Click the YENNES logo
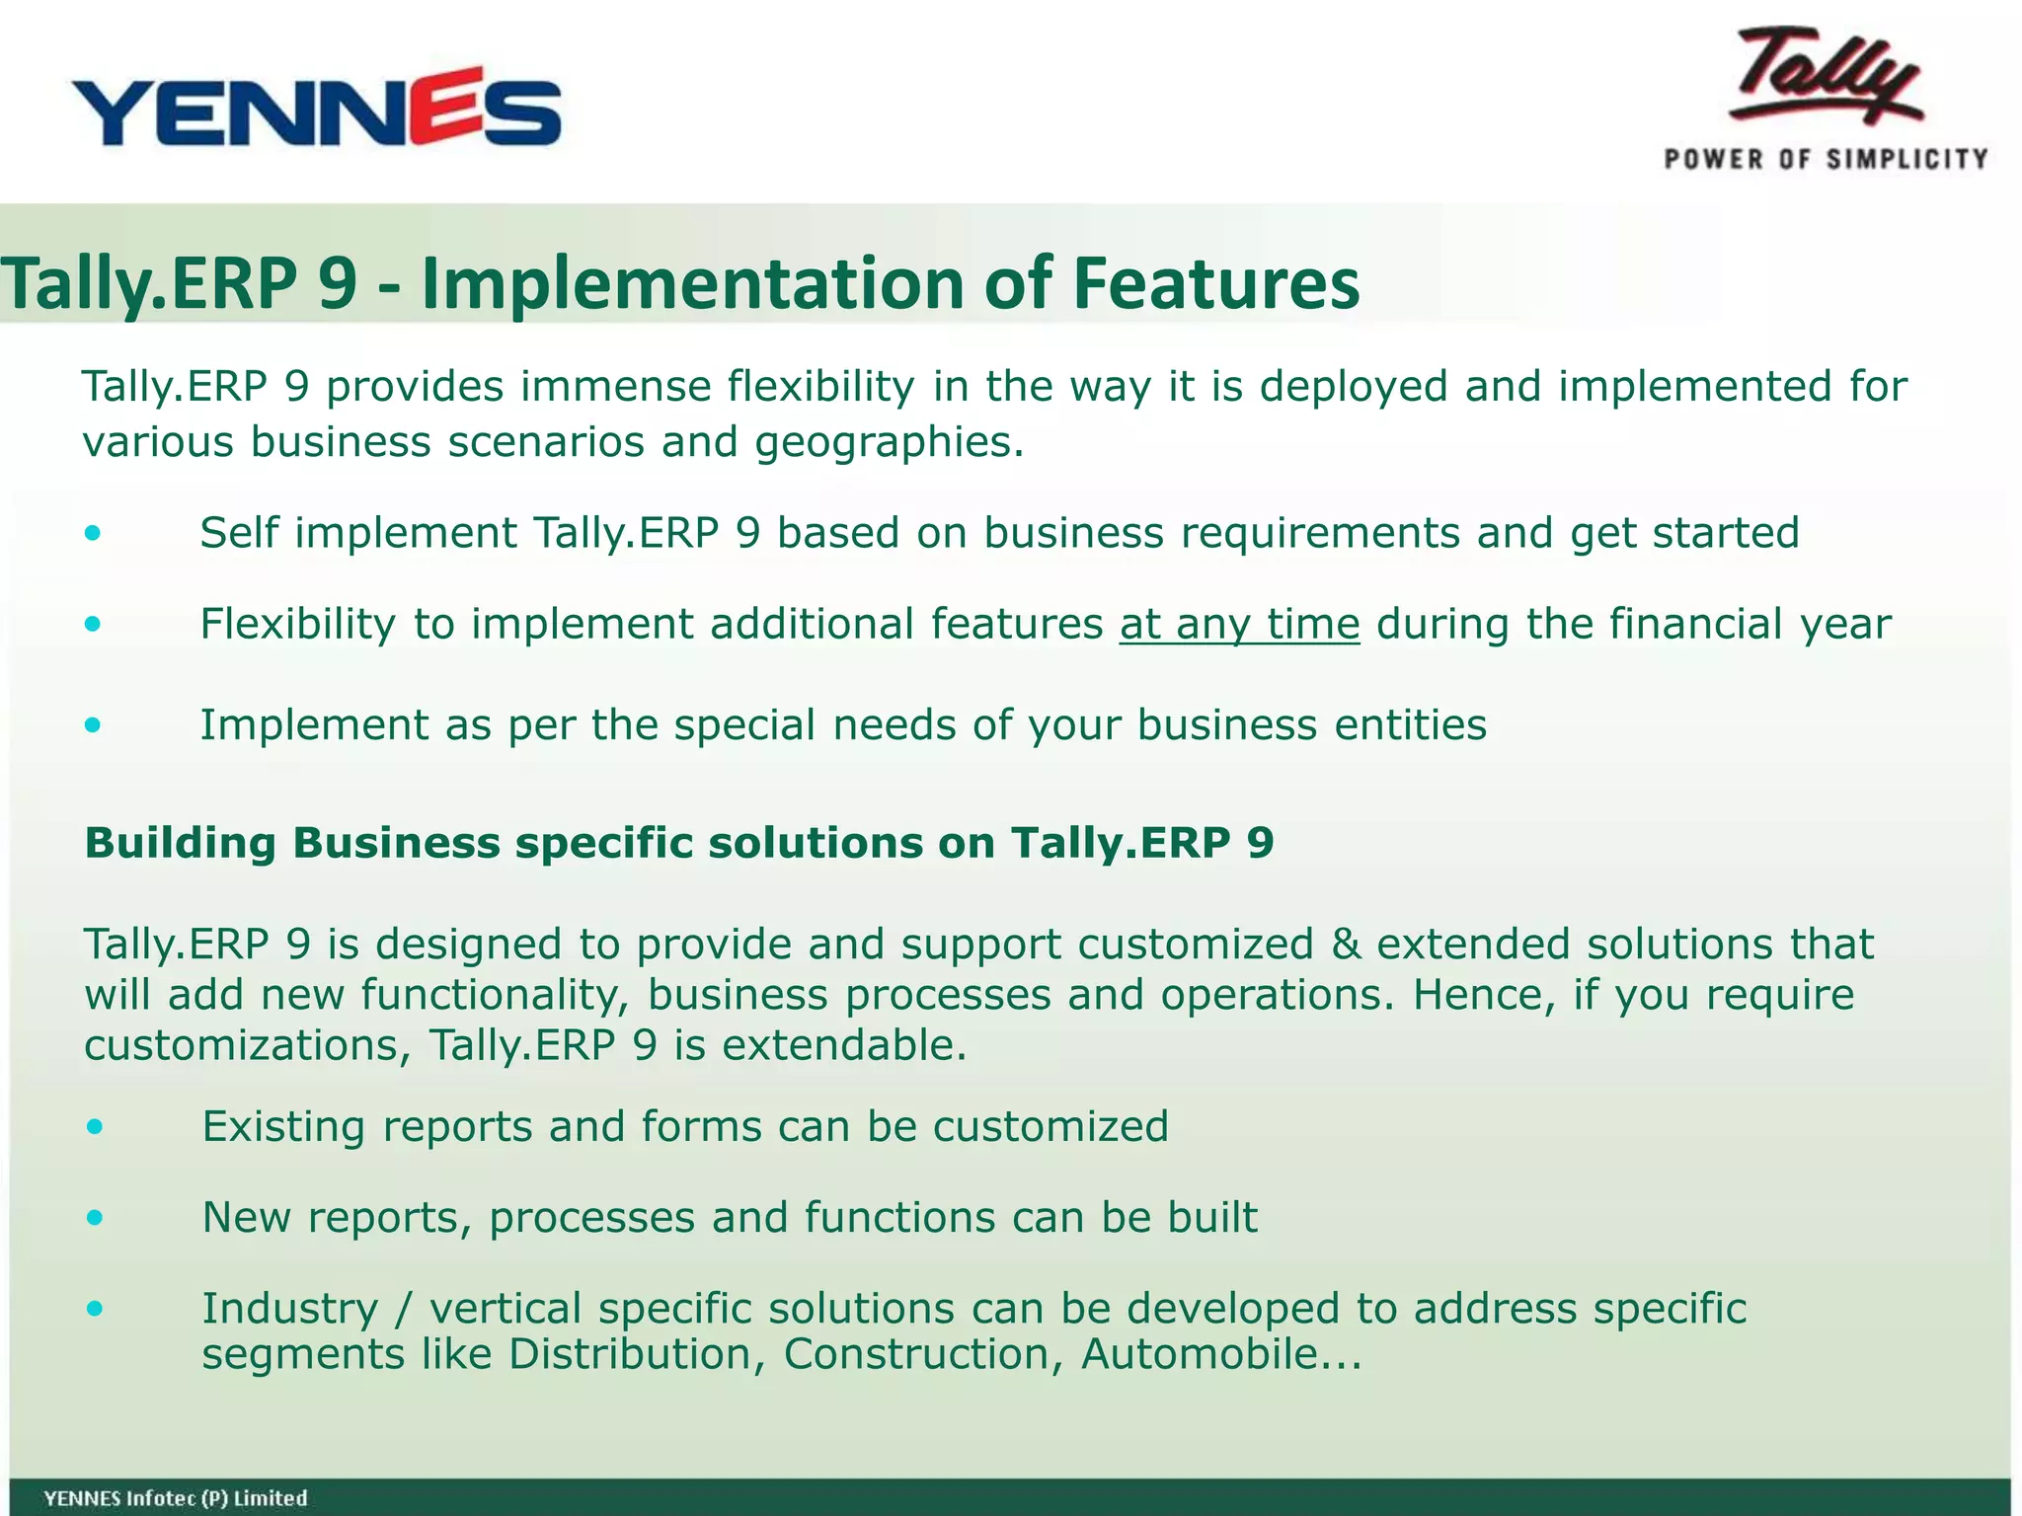[316, 109]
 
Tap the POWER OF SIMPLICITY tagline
[1826, 159]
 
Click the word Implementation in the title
[691, 284]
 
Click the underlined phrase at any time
[1239, 624]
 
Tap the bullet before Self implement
[93, 534]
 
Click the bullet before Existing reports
[94, 1127]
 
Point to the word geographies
[889, 442]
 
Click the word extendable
[844, 1045]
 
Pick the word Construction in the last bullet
[923, 1354]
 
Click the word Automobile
[1200, 1354]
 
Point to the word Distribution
[637, 1354]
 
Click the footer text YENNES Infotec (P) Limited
[176, 1498]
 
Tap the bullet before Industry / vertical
[94, 1310]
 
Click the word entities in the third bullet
[1410, 725]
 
